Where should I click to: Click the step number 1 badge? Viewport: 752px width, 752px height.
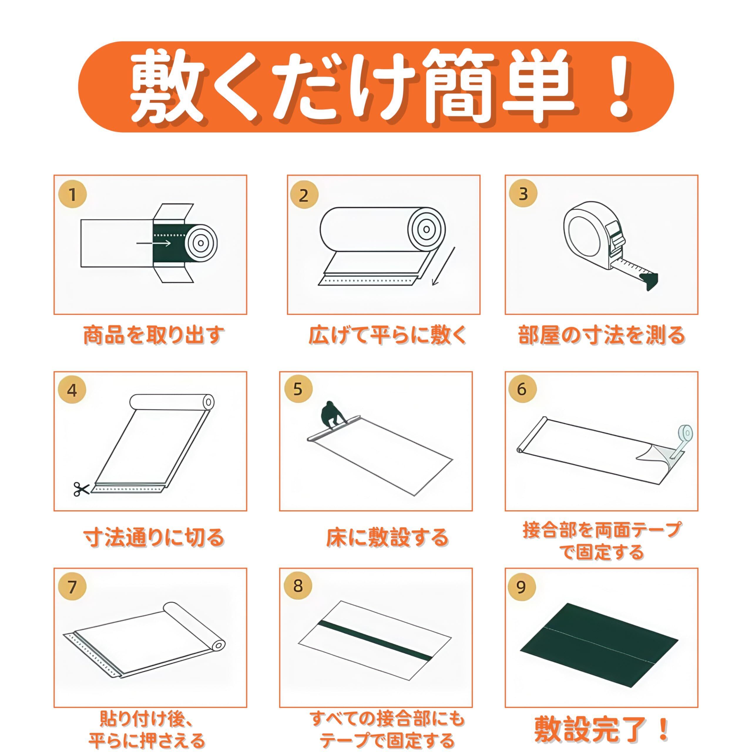pos(72,194)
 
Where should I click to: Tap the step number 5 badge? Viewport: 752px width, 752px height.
pos(298,389)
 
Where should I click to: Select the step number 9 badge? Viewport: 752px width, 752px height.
pos(522,587)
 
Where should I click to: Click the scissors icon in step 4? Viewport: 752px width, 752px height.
pos(81,489)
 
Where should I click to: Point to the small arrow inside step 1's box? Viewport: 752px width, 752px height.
pos(154,243)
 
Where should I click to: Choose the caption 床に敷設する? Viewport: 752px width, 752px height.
pos(387,538)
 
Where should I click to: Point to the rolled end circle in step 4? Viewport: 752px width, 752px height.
pos(209,402)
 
